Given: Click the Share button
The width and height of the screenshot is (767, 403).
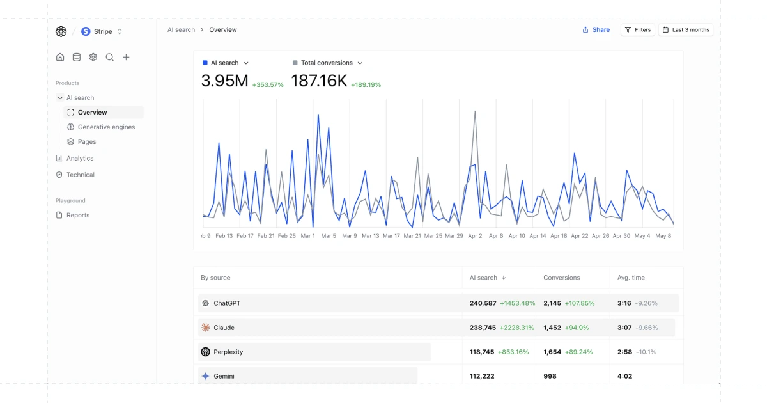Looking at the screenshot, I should pos(596,30).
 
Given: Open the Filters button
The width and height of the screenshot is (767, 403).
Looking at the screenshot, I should pos(638,30).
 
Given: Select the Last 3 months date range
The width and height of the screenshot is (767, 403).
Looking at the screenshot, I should pos(686,30).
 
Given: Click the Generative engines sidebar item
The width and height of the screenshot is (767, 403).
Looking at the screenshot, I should pos(106,127).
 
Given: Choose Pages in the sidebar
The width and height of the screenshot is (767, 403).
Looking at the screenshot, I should pos(87,142).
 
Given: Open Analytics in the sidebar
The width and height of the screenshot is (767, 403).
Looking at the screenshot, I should pos(80,159).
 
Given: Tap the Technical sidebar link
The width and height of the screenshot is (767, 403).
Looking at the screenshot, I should pos(81,175).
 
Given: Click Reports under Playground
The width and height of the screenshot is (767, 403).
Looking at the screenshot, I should pos(78,216).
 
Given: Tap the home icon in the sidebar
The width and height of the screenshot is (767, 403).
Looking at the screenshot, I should pos(60,57).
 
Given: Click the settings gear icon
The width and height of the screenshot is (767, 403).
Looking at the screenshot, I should pos(93,57).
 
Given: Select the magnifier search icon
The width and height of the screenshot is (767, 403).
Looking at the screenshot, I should pos(110,57).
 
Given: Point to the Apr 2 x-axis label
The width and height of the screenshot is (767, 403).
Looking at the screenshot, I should pos(475,236).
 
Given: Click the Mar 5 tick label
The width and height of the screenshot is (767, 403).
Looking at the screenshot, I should pos(329,236).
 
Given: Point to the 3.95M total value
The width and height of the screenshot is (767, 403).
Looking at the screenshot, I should pos(224,81).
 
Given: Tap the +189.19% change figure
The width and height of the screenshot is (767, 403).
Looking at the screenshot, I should pos(366,85).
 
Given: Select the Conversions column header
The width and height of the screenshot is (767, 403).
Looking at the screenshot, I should pos(562,278).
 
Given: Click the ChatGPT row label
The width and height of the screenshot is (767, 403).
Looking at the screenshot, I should pos(227,303).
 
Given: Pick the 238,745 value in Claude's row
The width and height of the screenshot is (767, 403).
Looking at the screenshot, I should pos(483,328).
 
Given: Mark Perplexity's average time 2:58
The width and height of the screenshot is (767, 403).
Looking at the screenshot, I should pos(624,352).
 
